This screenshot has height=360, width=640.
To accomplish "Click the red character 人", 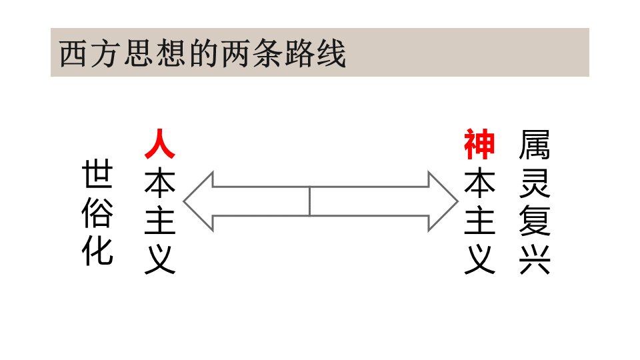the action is pyautogui.click(x=160, y=144).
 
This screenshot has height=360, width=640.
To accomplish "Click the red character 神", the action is pyautogui.click(x=479, y=145).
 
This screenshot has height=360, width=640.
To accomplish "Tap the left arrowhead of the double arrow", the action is pyautogui.click(x=199, y=201).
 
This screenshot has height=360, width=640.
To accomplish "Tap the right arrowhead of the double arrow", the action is pyautogui.click(x=443, y=201).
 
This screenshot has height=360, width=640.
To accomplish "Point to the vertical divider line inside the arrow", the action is pyautogui.click(x=310, y=201).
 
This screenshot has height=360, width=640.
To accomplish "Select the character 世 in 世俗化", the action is pyautogui.click(x=97, y=173).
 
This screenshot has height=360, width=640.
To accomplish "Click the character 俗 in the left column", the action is pyautogui.click(x=97, y=213).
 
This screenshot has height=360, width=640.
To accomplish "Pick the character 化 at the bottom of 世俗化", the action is pyautogui.click(x=97, y=251).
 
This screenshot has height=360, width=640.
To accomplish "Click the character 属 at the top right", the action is pyautogui.click(x=535, y=145).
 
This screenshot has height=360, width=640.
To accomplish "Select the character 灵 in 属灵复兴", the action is pyautogui.click(x=535, y=183).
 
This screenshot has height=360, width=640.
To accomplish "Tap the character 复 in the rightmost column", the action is pyautogui.click(x=535, y=221).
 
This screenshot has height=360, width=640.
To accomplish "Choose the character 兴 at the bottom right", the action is pyautogui.click(x=535, y=259).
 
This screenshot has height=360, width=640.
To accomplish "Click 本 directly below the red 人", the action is pyautogui.click(x=160, y=182).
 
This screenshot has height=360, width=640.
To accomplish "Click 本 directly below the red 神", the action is pyautogui.click(x=479, y=182).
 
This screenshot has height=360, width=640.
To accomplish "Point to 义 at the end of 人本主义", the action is pyautogui.click(x=160, y=259).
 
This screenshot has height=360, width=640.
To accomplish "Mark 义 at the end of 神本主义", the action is pyautogui.click(x=479, y=259).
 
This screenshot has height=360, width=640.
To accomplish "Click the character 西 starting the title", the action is pyautogui.click(x=73, y=53).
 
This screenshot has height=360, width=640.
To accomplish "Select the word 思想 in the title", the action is pyautogui.click(x=154, y=53).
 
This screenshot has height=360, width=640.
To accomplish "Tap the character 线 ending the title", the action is pyautogui.click(x=332, y=53).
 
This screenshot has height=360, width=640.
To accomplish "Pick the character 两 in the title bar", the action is pyautogui.click(x=235, y=53).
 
